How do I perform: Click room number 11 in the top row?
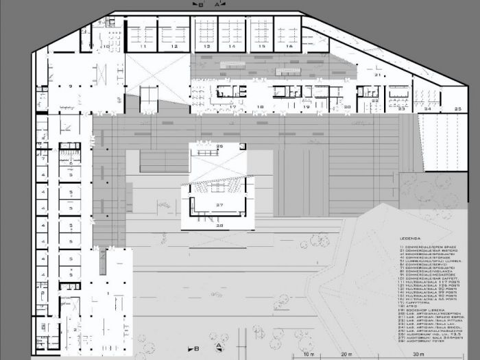coord(144,47)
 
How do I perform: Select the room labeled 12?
coord(175,47)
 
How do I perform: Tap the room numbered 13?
coord(206,47)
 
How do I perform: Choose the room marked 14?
coord(232,47)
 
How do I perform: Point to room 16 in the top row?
coord(289,47)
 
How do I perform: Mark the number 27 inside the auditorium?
coord(219,205)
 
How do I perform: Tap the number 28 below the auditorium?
coord(219,225)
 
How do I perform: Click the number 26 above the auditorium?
coord(219,147)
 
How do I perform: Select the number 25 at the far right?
coord(457,108)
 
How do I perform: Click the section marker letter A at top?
coord(217,4)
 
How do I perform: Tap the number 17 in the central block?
coord(232,108)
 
